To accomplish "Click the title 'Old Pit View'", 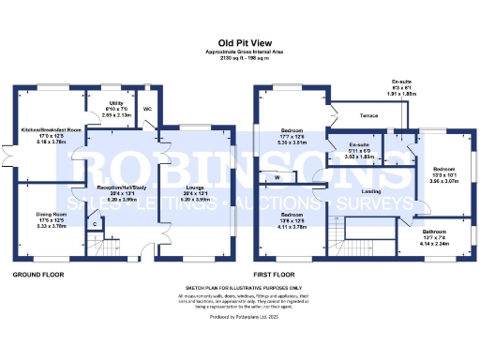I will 239,42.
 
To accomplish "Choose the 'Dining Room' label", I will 37,215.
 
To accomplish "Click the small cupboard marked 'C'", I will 95,224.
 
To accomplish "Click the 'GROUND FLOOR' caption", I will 38,276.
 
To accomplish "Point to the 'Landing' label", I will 372,191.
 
